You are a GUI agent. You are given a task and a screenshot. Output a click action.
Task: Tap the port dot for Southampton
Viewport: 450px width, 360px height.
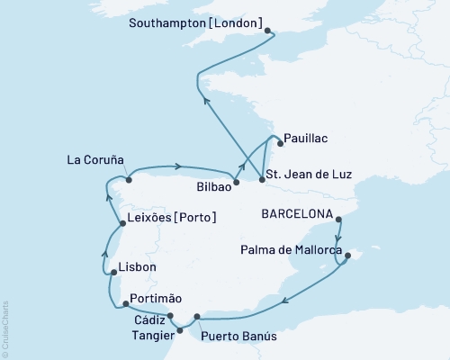click(269, 30)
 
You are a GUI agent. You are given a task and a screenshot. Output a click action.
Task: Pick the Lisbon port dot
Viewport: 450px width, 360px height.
click(112, 269)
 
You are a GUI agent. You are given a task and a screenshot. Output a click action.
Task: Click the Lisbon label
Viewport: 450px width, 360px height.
click(138, 267)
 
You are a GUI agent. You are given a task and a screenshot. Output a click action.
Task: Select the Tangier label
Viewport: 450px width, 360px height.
click(149, 332)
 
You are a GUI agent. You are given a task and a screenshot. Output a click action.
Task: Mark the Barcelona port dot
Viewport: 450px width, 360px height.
click(337, 219)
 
